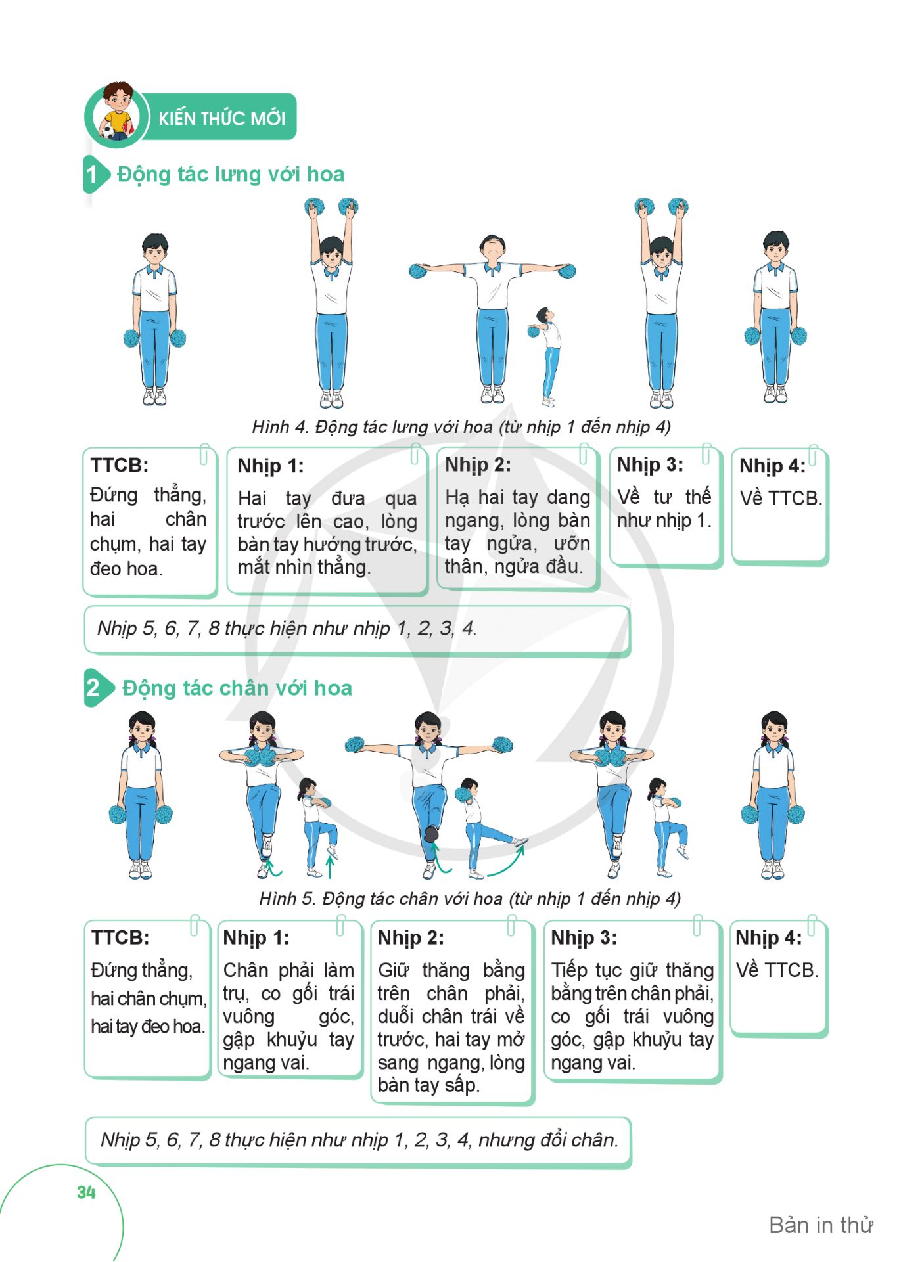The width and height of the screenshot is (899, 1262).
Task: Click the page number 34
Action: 86,1192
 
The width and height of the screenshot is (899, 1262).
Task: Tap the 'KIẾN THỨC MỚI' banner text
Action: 222,118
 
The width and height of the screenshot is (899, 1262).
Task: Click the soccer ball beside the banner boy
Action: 108,132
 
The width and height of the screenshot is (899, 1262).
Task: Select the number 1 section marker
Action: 93,175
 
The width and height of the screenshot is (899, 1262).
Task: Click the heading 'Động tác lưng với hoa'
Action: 231,174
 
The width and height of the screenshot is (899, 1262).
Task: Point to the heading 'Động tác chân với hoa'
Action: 237,688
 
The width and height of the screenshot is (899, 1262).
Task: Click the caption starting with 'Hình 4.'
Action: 461,427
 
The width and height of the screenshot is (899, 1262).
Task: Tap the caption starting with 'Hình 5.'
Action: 470,899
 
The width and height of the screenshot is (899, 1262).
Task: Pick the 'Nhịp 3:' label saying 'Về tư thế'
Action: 650,465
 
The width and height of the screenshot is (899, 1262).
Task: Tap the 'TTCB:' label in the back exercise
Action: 120,465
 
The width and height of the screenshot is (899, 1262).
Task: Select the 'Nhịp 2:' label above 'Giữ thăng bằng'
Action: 411,937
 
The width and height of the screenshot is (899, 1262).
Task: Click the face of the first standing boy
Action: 154,252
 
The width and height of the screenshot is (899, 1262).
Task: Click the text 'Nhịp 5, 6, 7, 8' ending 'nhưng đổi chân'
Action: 359,1140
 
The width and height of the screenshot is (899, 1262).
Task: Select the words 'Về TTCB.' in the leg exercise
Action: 777,970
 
